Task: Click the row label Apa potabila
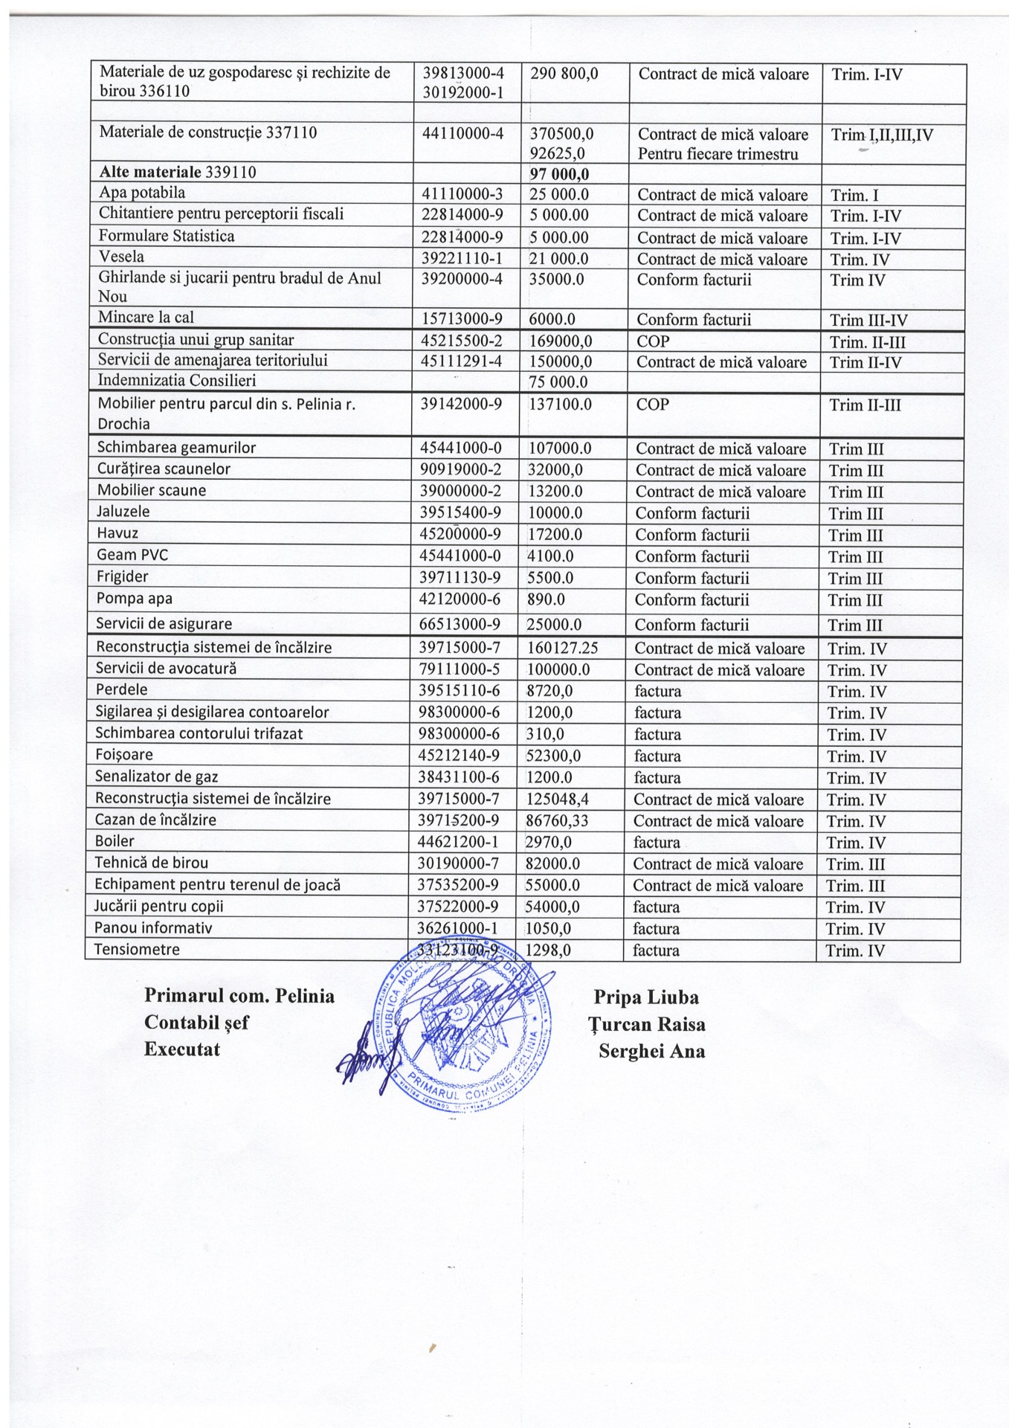click(142, 193)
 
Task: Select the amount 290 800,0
click(564, 74)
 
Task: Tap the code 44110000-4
click(462, 133)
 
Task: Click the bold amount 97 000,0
click(559, 174)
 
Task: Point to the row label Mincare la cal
click(146, 318)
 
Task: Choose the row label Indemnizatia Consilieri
click(177, 381)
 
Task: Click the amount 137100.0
click(560, 405)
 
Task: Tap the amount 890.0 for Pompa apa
click(547, 599)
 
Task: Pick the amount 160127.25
click(562, 649)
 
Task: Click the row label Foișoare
click(124, 755)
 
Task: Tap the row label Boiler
click(115, 841)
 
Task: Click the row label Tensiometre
click(137, 949)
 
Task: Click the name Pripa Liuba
click(646, 997)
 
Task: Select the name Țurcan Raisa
click(647, 1024)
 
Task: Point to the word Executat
click(182, 1049)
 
